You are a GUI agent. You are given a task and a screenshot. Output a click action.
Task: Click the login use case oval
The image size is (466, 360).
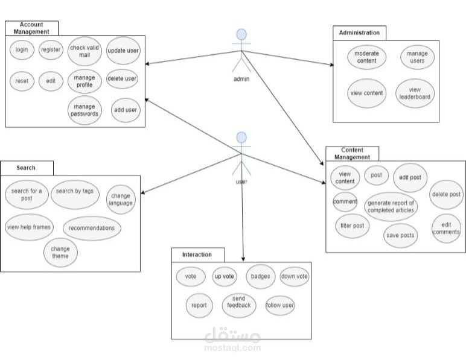tap(22, 50)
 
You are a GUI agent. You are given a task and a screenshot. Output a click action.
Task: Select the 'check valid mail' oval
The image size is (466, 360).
tap(85, 50)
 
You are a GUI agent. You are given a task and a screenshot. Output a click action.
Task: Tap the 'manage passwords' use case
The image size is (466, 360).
tap(85, 110)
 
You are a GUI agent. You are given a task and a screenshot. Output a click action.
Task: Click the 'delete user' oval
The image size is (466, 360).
tap(122, 78)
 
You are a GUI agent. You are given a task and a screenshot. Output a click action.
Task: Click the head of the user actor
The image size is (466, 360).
tap(241, 137)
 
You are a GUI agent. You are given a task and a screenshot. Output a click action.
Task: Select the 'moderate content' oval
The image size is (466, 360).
tap(366, 57)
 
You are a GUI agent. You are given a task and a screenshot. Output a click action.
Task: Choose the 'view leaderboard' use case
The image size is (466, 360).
tap(416, 93)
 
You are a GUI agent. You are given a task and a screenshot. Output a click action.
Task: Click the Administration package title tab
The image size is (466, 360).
tap(359, 33)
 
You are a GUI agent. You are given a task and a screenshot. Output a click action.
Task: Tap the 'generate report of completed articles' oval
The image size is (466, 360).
tap(391, 206)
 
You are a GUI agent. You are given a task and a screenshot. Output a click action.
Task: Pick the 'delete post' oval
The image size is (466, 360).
tap(447, 195)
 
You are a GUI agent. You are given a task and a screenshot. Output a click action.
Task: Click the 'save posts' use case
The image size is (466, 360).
tap(400, 235)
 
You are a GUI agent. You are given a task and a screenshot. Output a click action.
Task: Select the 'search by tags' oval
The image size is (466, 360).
tap(74, 191)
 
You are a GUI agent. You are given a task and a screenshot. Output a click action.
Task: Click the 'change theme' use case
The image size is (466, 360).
tap(60, 253)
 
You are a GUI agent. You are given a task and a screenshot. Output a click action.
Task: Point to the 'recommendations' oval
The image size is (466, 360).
tap(92, 228)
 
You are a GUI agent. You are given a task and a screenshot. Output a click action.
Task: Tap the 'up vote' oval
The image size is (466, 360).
tap(225, 276)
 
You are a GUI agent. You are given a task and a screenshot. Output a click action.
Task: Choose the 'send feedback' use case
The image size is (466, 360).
tap(240, 305)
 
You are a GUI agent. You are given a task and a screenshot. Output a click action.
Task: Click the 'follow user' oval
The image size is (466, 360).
tap(280, 305)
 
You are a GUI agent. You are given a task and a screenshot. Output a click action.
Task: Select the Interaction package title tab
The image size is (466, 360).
tap(197, 254)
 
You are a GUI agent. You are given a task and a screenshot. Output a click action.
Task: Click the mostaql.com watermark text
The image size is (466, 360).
tap(232, 347)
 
